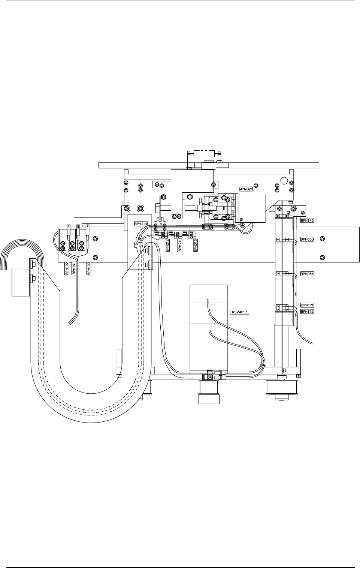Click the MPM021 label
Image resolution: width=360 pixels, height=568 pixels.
click(x=246, y=189)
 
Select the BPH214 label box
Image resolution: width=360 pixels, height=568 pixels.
click(x=141, y=223)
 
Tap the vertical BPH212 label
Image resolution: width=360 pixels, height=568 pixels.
click(x=167, y=246)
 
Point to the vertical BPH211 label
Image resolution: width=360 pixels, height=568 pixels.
click(x=180, y=246)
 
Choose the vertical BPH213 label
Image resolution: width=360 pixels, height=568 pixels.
click(x=195, y=246)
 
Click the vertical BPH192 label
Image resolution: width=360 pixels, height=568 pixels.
click(x=67, y=269)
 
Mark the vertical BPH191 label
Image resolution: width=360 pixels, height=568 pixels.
click(x=74, y=269)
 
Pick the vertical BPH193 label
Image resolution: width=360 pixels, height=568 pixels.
click(x=88, y=269)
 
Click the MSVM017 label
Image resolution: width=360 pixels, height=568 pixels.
click(x=239, y=312)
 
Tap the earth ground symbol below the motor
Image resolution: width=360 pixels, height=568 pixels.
click(x=242, y=224)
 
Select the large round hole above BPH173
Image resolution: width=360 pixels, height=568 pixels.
click(x=285, y=181)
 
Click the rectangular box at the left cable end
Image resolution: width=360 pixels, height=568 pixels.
click(x=21, y=281)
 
